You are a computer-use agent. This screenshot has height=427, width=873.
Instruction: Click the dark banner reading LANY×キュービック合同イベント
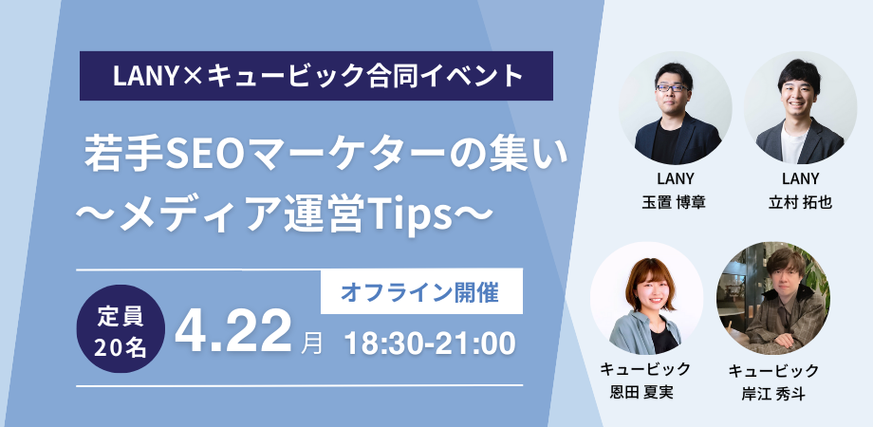[x=317, y=73]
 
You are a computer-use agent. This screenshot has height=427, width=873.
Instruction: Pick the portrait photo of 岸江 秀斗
[x=772, y=298]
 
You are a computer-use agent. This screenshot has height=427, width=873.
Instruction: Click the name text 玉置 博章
[x=675, y=202]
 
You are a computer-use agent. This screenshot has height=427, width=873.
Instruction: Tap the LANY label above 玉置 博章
[x=675, y=180]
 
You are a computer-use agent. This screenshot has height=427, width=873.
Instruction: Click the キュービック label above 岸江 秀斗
[x=772, y=370]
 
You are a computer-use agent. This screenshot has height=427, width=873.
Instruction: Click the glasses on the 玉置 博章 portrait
[x=673, y=88]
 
